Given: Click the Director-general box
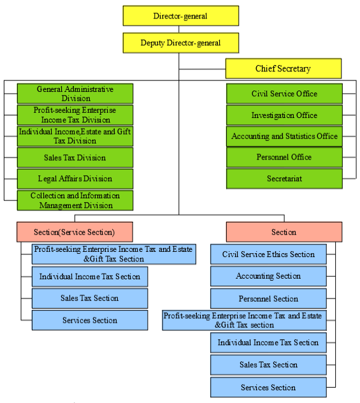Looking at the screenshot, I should (180, 15).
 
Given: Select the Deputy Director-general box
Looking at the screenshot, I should (180, 43).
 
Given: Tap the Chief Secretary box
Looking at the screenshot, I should (284, 68).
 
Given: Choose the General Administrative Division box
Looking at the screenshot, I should (75, 94).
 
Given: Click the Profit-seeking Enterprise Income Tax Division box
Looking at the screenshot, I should (75, 115).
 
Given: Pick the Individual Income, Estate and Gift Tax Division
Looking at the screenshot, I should (75, 136).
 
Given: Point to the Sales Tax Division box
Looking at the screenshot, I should (75, 158).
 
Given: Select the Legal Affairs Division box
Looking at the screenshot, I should (75, 179).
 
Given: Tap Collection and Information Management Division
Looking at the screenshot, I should (75, 200).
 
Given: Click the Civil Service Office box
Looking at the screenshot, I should (284, 94).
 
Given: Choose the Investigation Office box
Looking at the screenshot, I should (284, 115).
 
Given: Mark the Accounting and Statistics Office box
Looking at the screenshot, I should (284, 136).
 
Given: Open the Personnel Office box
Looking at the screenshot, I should (284, 158).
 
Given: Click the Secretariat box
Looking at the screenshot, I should (284, 179).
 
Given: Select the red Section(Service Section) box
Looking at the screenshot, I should (75, 231).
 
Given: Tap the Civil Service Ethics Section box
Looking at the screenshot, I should (268, 254).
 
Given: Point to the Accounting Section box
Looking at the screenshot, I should (268, 276).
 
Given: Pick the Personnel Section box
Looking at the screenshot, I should (268, 298).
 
